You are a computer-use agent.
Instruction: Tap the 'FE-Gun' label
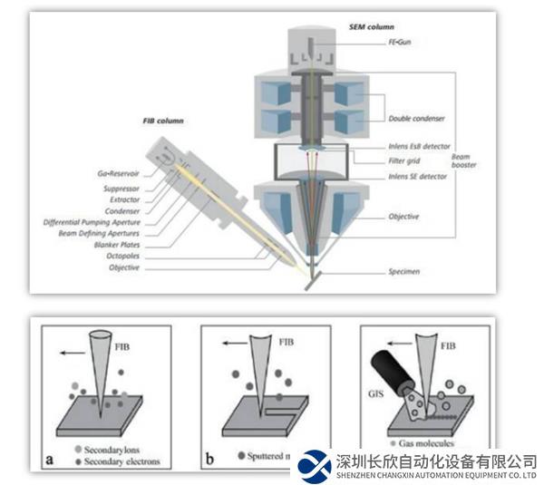click(x=401, y=42)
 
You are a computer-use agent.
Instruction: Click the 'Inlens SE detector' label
click(x=417, y=177)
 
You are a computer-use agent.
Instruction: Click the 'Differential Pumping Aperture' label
click(x=87, y=222)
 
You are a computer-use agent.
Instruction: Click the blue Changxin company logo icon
click(x=315, y=464)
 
